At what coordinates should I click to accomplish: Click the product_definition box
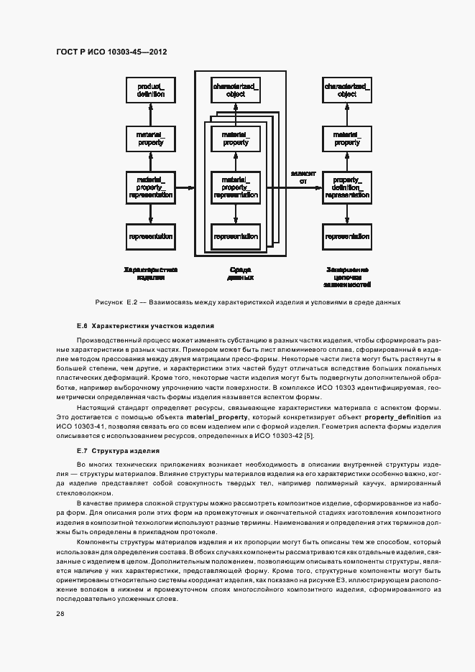(x=150, y=90)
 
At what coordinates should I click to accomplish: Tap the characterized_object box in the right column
(x=347, y=90)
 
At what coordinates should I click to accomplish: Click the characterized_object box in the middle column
(x=236, y=90)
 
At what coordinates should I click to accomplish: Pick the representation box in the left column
(x=150, y=236)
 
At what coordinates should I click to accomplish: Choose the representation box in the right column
(x=347, y=236)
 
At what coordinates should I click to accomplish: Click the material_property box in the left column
(x=150, y=139)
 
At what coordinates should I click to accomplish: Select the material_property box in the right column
(x=347, y=139)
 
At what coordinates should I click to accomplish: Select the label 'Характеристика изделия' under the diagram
(x=150, y=274)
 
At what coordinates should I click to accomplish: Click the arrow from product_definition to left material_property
(x=150, y=114)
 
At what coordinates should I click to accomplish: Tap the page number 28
(x=60, y=614)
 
